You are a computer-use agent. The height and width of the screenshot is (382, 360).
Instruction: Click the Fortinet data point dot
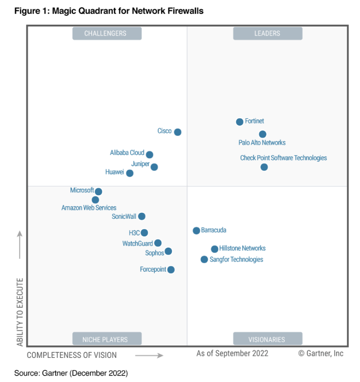pos(240,122)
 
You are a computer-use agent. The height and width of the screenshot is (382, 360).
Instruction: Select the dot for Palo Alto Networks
pos(263,134)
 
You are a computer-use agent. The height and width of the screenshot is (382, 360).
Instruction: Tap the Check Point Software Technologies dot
pos(264,167)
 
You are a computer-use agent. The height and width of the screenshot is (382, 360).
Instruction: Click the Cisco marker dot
pos(177,132)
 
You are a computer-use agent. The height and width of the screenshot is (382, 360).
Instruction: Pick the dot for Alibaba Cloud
pos(149,154)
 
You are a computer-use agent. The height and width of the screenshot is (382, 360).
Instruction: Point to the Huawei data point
pos(130,173)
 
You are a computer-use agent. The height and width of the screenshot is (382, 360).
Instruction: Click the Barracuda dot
pos(196,230)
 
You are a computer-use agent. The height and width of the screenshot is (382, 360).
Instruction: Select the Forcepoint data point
pos(171,270)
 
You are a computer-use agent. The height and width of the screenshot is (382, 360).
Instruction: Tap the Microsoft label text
pos(82,191)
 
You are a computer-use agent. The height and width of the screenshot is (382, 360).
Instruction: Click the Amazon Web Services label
pos(89,208)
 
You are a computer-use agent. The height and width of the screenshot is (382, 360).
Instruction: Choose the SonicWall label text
pos(125,216)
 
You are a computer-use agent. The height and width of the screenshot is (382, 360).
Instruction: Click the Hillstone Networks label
pos(242,248)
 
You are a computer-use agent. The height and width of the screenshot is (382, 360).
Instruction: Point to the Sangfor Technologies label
pos(236,260)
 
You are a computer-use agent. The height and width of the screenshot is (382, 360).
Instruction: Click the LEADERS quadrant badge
pos(267,33)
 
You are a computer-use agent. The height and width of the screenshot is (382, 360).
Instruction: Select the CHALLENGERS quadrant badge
pos(107,33)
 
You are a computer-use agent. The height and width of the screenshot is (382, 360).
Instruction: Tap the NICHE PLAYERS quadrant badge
pos(107,339)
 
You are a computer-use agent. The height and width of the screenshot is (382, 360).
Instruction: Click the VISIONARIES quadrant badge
pos(267,339)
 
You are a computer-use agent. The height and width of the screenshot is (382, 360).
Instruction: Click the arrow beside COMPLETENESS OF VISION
pos(149,356)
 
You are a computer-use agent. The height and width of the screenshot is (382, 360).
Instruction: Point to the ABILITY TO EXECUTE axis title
pos(20,312)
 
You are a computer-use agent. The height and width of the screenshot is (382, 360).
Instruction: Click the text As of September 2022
pos(232,353)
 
